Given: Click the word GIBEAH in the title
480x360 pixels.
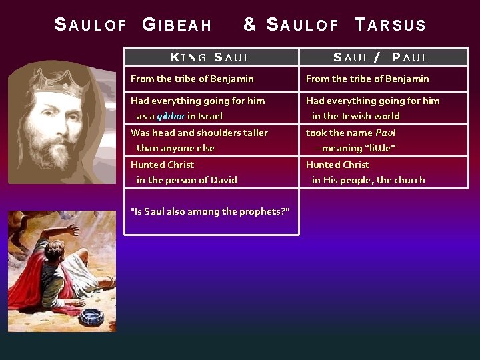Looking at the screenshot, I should pos(177,25).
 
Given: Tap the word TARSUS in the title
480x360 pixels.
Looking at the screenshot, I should pos(391,25).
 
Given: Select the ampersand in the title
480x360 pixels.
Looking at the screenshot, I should pos(250,25).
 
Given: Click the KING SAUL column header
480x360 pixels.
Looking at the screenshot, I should pos(211,58).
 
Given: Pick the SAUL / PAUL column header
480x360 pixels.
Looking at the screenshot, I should pos(381,58).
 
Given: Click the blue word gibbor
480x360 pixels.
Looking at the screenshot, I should pos(171,116).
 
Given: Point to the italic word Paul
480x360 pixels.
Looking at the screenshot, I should pos(385,133).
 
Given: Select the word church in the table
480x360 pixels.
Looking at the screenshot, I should pos(409,180).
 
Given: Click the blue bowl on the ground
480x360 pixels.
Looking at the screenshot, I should pos(91,316).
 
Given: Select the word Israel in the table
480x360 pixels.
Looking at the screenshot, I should pos(210,116).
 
